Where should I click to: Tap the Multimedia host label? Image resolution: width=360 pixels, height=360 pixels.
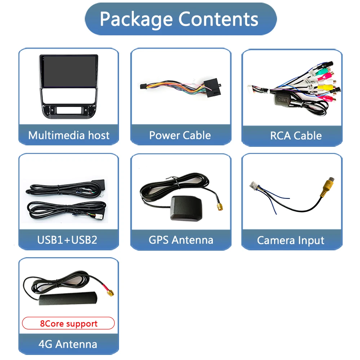click(x=69, y=135)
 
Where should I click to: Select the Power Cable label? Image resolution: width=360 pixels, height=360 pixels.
click(x=180, y=135)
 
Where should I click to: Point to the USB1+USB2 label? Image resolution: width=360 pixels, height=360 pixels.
click(x=67, y=240)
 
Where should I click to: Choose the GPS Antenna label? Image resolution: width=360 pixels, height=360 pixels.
click(x=181, y=240)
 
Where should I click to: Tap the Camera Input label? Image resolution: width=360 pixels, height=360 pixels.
click(x=291, y=240)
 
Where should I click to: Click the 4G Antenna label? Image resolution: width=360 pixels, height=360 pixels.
click(x=68, y=344)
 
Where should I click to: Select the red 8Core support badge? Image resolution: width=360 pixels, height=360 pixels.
click(x=69, y=323)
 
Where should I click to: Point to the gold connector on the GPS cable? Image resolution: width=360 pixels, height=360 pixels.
click(x=219, y=207)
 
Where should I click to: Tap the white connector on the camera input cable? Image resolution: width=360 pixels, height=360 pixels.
click(x=254, y=187)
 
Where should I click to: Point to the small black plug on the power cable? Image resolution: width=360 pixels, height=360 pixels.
click(x=143, y=87)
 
